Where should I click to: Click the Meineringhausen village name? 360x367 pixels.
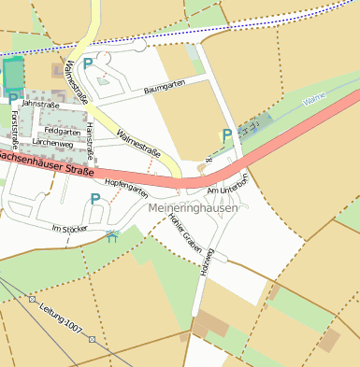(193, 208)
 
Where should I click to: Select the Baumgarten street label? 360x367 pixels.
(165, 87)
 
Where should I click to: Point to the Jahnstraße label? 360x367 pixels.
(39, 106)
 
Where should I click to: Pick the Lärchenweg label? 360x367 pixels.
(51, 143)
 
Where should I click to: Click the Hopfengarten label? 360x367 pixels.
(126, 187)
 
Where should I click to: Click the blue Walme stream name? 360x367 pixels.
(315, 98)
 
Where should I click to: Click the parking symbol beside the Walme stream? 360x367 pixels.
(227, 136)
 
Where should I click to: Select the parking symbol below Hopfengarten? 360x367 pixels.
(94, 199)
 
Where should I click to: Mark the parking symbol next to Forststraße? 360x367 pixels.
(12, 98)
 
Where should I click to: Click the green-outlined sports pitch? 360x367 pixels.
(13, 75)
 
